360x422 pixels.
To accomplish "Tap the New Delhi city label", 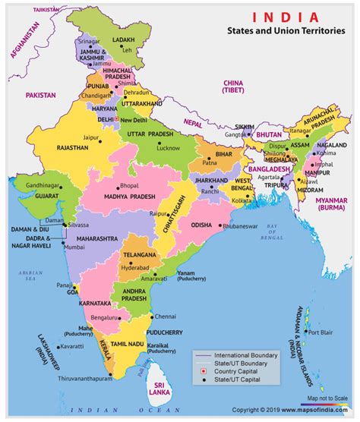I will coord(134,121).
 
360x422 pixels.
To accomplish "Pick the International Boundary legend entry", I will coord(249,355).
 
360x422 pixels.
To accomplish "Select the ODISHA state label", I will coord(201,225).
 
